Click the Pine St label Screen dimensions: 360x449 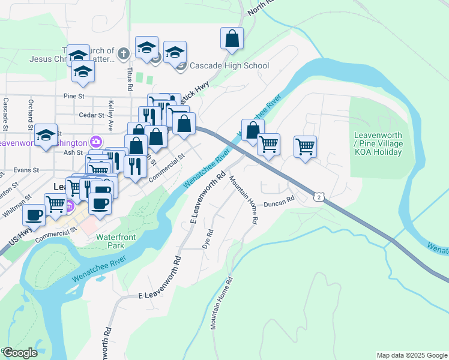(75, 95)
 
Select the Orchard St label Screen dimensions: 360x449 (29, 113)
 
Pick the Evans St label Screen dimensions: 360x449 (26, 170)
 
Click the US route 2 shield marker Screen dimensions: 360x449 (319, 196)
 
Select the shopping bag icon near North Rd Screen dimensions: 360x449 (232, 39)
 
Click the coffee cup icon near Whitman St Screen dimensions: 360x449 (34, 215)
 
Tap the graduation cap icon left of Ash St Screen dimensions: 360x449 (46, 136)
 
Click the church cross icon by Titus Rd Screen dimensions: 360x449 (124, 54)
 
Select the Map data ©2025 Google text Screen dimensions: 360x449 (412, 355)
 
